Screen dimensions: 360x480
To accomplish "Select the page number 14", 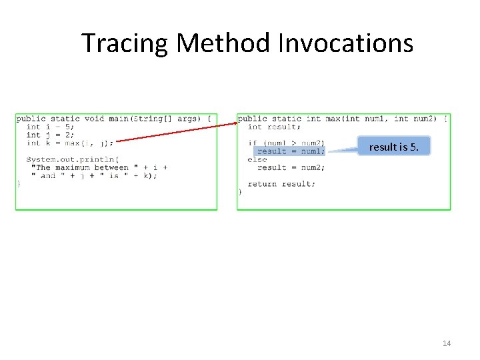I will click(x=446, y=343).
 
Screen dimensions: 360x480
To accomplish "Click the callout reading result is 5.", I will click(x=394, y=147).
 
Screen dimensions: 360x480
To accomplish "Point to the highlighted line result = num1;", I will click(x=291, y=151).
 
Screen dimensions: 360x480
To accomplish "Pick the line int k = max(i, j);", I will click(x=70, y=143).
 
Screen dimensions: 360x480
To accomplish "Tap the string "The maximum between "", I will click(x=82, y=167).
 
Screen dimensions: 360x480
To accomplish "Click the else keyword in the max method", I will click(x=257, y=159).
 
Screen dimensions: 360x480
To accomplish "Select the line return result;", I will click(x=281, y=184).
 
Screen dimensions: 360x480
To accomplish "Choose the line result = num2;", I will click(x=291, y=167).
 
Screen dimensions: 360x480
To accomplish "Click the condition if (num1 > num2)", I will click(x=286, y=143).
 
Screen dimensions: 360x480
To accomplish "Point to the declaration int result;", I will click(x=273, y=127).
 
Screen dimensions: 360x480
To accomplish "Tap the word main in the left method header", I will click(x=119, y=119).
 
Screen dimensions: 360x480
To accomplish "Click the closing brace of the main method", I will click(x=19, y=183).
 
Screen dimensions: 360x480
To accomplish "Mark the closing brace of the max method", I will click(x=240, y=192).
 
